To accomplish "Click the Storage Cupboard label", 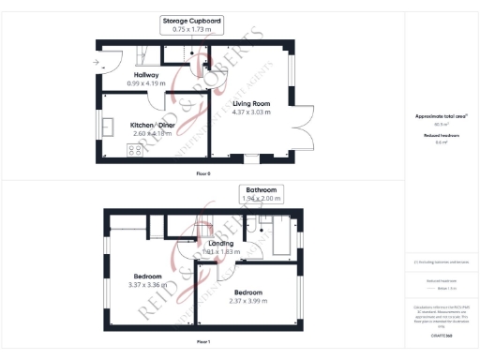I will [x=191, y=20].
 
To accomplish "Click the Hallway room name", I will [x=145, y=75].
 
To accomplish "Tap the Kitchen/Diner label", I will [x=153, y=125].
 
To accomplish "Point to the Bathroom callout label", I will [x=261, y=188].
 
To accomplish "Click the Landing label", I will [x=221, y=243].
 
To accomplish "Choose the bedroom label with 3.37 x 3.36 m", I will [x=147, y=277].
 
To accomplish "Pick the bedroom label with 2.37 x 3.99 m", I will [x=248, y=292].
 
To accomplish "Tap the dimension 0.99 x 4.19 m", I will [x=145, y=84].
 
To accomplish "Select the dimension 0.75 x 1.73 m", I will [x=191, y=30].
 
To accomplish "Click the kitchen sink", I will [x=109, y=125].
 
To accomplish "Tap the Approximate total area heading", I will [x=439, y=116].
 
